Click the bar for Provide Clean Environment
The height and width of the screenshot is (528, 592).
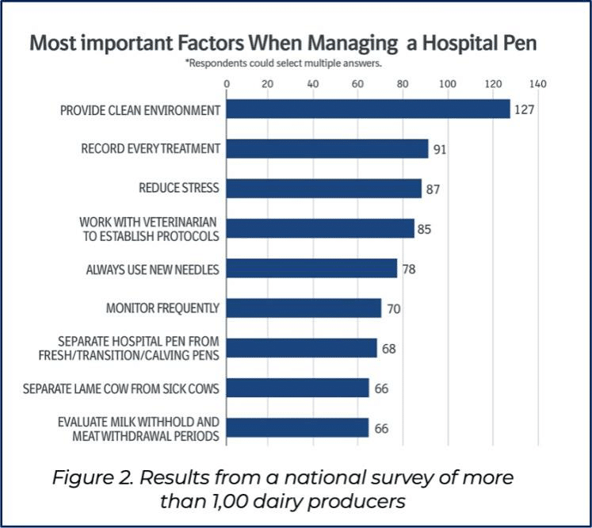(368, 109)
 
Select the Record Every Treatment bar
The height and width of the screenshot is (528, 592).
(327, 148)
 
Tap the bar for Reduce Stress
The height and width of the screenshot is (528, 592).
(324, 188)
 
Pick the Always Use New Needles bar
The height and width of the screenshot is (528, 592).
(312, 268)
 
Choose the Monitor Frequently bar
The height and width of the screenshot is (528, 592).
(304, 308)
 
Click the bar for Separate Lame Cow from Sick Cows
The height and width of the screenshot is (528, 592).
(297, 388)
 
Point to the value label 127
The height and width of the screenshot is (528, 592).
(524, 109)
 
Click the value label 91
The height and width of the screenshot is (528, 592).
(440, 150)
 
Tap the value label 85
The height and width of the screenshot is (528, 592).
(424, 229)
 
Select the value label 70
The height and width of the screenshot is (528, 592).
(393, 309)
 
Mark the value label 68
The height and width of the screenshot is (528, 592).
(389, 349)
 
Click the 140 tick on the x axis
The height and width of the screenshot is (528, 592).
(537, 83)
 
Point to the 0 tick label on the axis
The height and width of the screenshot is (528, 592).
(227, 83)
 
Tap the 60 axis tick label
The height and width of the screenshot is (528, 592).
(357, 83)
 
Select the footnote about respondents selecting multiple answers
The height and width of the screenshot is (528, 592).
(284, 63)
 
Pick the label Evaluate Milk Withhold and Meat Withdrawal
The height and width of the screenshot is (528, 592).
(138, 429)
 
